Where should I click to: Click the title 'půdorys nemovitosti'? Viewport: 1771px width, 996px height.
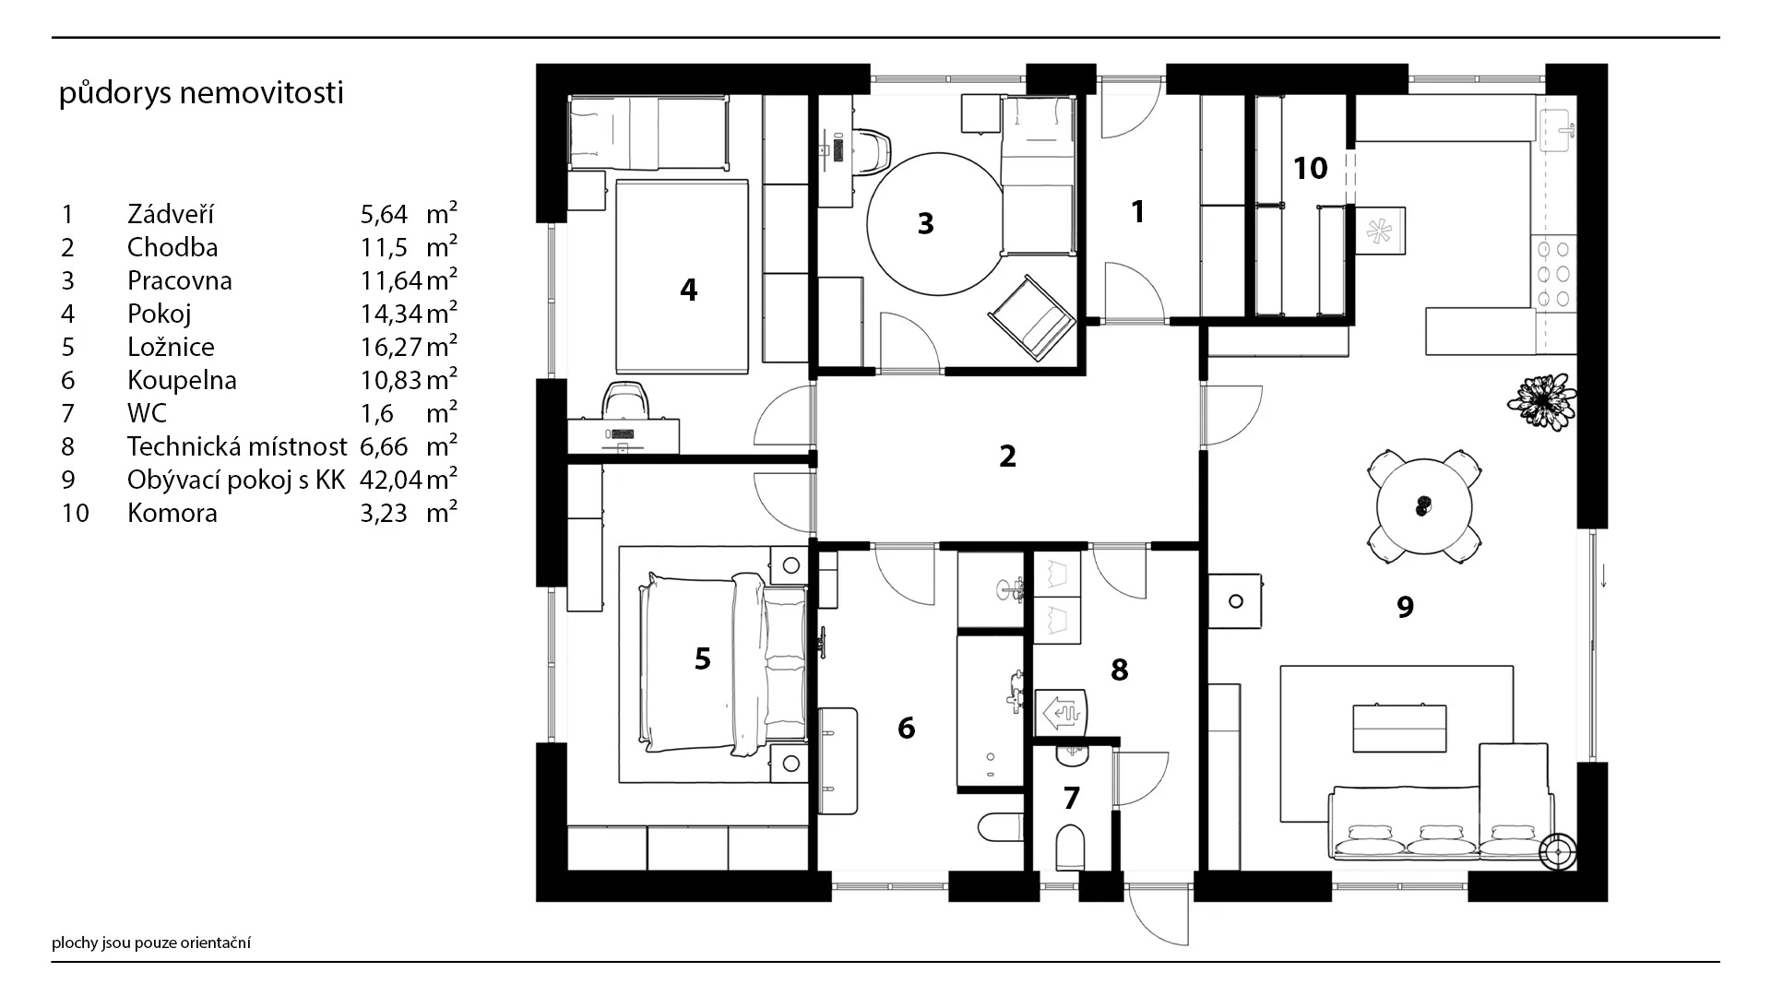201,93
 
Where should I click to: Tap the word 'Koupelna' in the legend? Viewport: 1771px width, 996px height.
182,380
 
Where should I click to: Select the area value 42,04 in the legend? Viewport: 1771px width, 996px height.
391,480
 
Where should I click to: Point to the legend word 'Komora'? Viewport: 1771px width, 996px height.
172,513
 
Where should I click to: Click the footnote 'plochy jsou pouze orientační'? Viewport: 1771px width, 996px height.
151,943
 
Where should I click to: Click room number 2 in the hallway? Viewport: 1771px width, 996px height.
1007,456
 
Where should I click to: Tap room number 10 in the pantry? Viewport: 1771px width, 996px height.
1310,168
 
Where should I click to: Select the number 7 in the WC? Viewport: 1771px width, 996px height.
1071,798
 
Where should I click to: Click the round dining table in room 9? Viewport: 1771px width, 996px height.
1424,506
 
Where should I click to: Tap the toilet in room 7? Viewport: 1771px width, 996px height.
1071,847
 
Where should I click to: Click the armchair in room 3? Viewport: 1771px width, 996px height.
1031,316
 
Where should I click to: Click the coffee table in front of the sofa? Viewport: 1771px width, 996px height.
1398,729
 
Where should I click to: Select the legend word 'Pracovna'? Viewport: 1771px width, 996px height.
180,280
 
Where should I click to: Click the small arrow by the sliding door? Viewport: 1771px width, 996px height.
1604,577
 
